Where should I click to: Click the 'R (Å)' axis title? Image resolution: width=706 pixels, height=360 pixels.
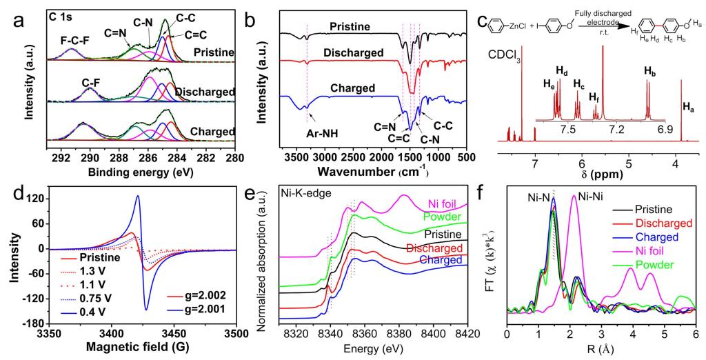pos(600,352)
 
